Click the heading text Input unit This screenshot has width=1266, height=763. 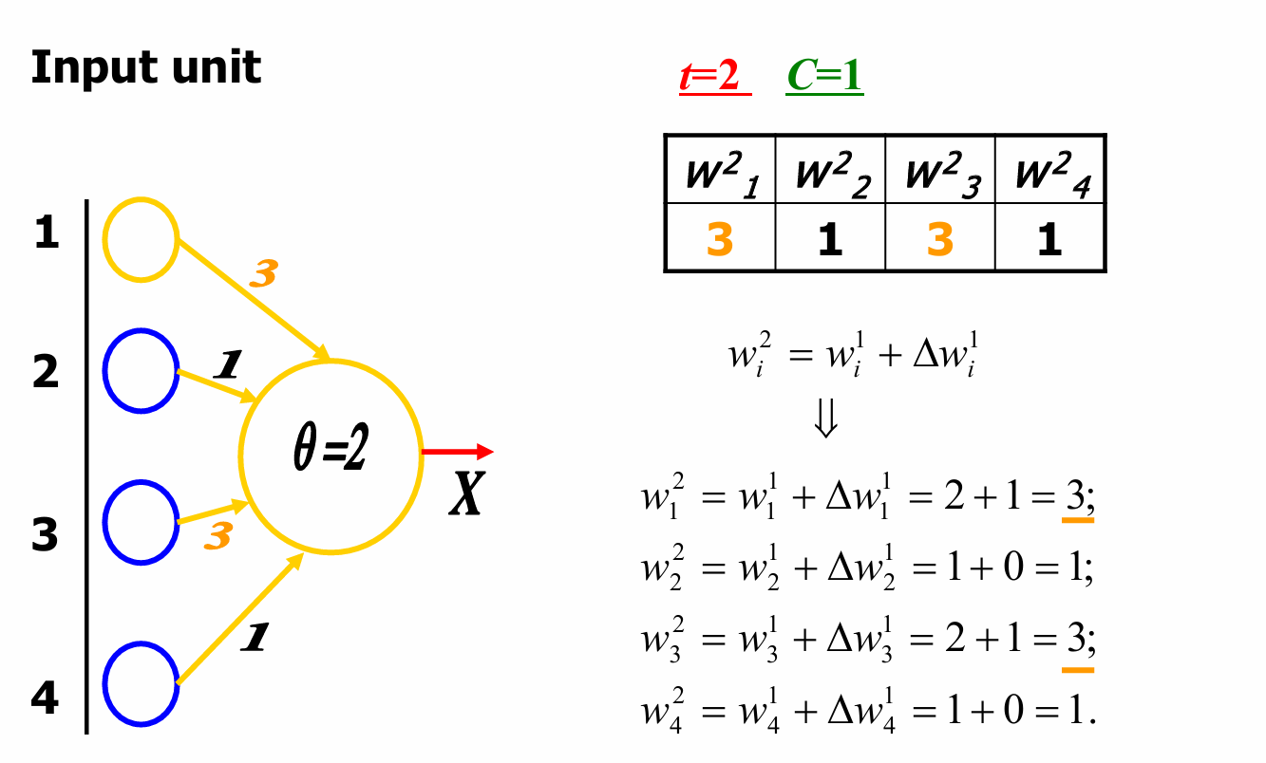[145, 68]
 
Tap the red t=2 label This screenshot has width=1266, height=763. [714, 77]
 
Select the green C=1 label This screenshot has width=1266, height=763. [824, 77]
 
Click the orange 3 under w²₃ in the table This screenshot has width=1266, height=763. [939, 239]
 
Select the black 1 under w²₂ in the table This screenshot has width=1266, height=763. [829, 239]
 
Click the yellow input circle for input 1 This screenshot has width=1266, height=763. [141, 239]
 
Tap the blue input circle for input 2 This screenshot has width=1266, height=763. [141, 372]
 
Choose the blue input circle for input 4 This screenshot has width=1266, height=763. [141, 683]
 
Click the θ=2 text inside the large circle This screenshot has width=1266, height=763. [330, 453]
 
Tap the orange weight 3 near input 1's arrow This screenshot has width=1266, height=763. [263, 274]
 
